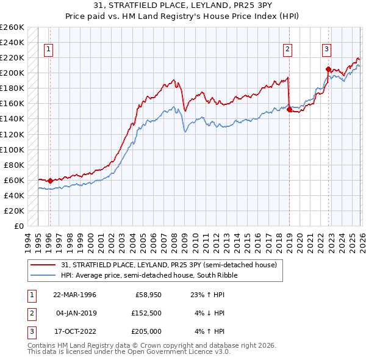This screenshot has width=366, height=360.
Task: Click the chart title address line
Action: (x=183, y=5)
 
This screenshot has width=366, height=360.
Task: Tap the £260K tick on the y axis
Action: (x=12, y=27)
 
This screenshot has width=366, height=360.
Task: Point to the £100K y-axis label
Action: (x=12, y=149)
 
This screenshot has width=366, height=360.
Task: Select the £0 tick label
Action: (x=18, y=226)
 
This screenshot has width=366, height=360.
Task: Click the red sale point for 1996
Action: (x=50, y=181)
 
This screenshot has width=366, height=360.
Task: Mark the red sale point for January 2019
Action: (x=289, y=110)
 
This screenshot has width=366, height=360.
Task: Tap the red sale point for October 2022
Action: (x=328, y=70)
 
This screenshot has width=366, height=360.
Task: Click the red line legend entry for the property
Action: (x=169, y=265)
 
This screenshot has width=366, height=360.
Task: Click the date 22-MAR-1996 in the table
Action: (x=74, y=295)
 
